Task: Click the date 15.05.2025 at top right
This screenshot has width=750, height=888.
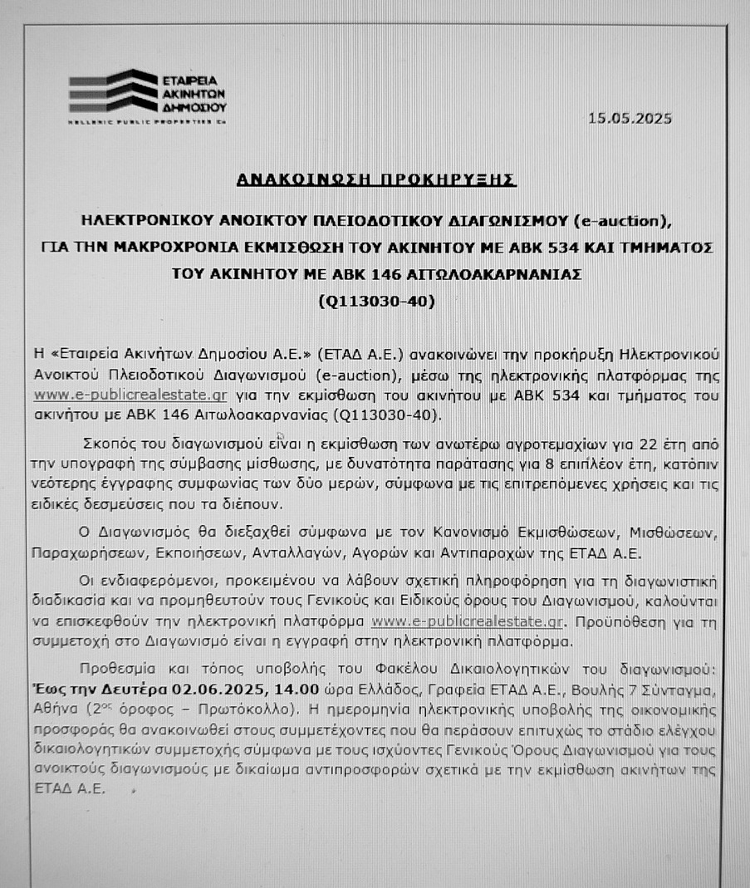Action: (630, 118)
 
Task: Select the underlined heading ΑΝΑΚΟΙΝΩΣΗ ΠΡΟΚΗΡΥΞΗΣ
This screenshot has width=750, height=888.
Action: (375, 179)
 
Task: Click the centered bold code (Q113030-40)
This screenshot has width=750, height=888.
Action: (376, 302)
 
